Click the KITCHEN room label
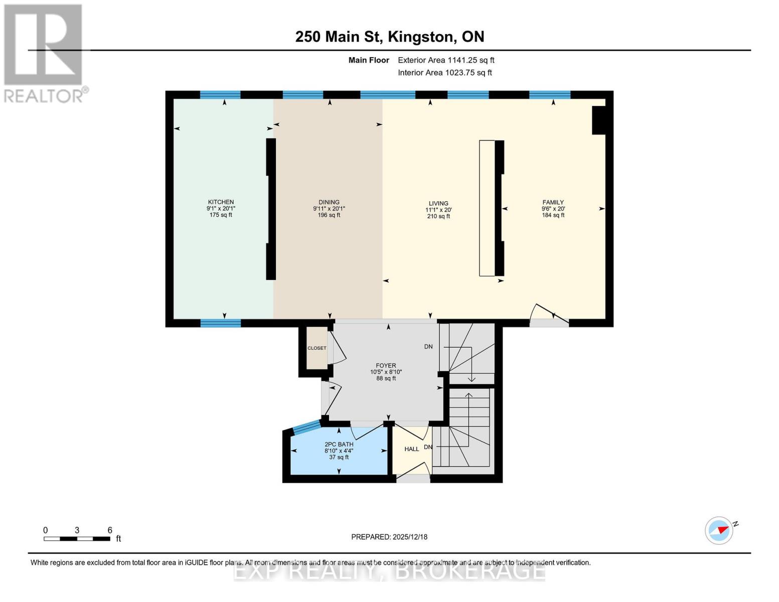221,202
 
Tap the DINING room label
329,202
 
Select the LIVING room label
438,204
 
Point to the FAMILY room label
553,202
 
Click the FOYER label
386,366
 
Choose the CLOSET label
317,348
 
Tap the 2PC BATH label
339,444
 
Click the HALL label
411,449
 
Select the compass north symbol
720,530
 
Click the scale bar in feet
77,539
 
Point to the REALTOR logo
44,53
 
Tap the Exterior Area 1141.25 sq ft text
446,60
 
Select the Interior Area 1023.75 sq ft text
444,73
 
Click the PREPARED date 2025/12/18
389,537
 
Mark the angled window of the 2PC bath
306,427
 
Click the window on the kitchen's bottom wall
221,323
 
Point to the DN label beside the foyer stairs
428,347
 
